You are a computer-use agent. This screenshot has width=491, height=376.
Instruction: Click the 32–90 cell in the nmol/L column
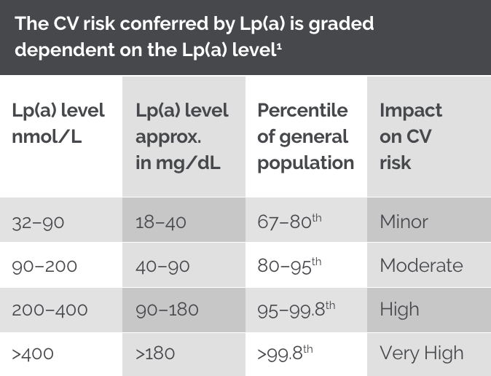(x=38, y=222)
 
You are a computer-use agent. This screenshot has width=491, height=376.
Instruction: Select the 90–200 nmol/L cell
(x=44, y=266)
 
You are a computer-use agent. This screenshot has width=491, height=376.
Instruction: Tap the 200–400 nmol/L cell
(x=50, y=309)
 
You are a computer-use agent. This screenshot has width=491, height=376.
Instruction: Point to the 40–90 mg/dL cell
(x=162, y=266)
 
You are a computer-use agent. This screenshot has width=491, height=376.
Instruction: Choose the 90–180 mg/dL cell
(x=167, y=309)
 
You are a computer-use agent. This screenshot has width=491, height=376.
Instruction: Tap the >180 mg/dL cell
(x=155, y=353)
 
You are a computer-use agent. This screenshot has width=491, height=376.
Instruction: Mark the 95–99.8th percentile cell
(x=296, y=309)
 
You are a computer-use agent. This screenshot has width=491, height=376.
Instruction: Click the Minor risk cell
(x=404, y=222)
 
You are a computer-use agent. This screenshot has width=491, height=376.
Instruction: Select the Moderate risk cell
(x=421, y=265)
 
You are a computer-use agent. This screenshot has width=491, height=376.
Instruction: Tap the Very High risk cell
(x=421, y=353)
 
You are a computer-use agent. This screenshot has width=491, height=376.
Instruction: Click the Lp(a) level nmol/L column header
(x=58, y=123)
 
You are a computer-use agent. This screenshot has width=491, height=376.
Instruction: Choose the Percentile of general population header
(x=305, y=136)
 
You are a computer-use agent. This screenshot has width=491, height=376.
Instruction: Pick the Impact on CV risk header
(x=410, y=136)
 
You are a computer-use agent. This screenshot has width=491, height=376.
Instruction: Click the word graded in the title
(x=339, y=24)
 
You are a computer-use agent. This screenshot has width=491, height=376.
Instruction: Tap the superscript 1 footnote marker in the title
(x=280, y=47)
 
